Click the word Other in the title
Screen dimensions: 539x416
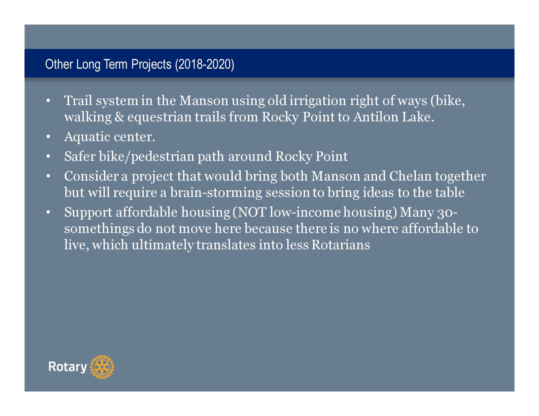[x=59, y=64]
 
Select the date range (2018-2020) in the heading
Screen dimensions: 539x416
[x=205, y=65]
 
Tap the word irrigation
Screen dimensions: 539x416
[x=318, y=101]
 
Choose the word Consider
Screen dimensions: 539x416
[x=91, y=176]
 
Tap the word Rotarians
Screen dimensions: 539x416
[x=341, y=245]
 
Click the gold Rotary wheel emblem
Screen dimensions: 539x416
[x=102, y=367]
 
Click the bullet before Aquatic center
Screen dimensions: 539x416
[x=48, y=137]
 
